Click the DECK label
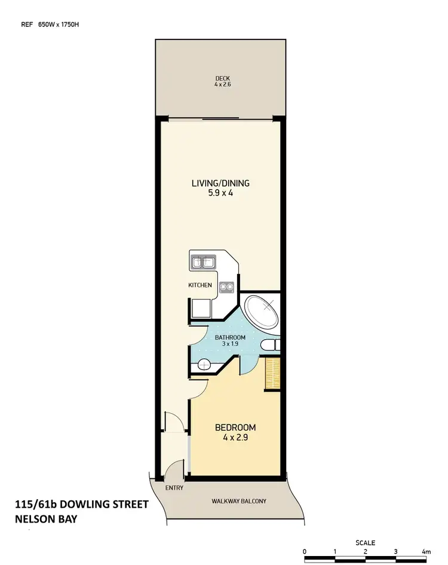(x=222, y=78)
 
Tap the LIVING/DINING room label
(x=220, y=183)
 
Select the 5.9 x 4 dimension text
(x=220, y=193)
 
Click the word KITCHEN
(x=200, y=285)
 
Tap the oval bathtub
(x=262, y=311)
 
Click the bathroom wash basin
(x=203, y=363)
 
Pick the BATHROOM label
(x=230, y=337)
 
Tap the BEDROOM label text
(x=235, y=427)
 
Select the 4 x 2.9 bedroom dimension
(x=235, y=438)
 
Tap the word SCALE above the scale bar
(x=365, y=543)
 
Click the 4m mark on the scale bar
(x=426, y=551)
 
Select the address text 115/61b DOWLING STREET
(x=81, y=505)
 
